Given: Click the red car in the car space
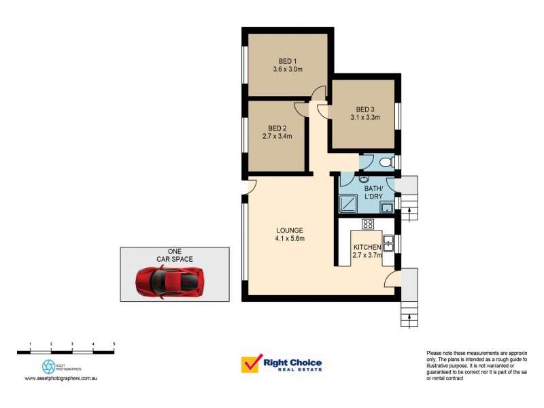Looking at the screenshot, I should click(x=169, y=281).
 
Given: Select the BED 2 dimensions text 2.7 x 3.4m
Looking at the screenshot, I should click(x=277, y=136).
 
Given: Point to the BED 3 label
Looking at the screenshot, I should click(x=365, y=109).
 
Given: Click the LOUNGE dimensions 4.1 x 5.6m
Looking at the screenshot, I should click(x=290, y=239).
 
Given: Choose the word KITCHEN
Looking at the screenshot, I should click(x=367, y=247).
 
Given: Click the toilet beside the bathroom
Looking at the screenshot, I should click(x=385, y=162).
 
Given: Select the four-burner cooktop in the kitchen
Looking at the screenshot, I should click(x=368, y=224).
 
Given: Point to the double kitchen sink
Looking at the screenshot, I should click(x=390, y=241).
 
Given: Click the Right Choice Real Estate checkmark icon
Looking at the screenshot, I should click(x=250, y=365).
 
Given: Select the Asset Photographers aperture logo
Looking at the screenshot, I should click(x=49, y=366).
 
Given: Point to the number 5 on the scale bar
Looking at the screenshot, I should click(x=114, y=345).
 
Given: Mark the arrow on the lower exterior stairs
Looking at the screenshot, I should click(x=409, y=313).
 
